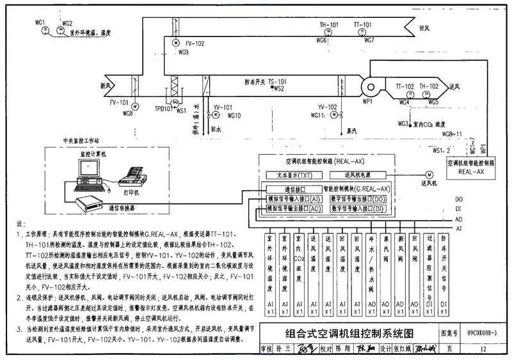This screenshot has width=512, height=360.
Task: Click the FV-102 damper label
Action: click(x=195, y=43)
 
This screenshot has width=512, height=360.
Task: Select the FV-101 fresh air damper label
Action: click(x=120, y=102)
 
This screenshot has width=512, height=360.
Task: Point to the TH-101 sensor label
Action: click(x=329, y=25)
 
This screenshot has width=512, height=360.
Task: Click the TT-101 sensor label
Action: click(x=362, y=25)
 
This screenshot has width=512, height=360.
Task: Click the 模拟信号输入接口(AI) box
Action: click(x=294, y=199)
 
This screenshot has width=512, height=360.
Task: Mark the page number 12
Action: click(x=481, y=349)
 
